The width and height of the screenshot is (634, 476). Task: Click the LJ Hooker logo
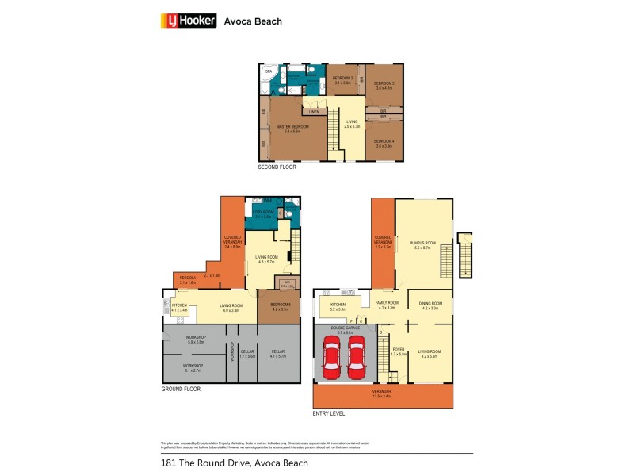(189, 21)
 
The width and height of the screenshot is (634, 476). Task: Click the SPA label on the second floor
(268, 71)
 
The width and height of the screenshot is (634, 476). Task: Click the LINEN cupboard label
(314, 112)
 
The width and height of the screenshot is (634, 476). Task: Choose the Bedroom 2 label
(342, 79)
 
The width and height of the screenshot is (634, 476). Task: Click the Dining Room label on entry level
(430, 305)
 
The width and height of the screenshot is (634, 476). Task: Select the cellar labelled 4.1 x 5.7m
(278, 354)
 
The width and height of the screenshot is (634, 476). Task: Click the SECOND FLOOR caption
(276, 168)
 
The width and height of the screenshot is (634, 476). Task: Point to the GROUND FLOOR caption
(181, 390)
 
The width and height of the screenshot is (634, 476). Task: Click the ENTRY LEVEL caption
(329, 413)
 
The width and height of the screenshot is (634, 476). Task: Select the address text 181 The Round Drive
(234, 463)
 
